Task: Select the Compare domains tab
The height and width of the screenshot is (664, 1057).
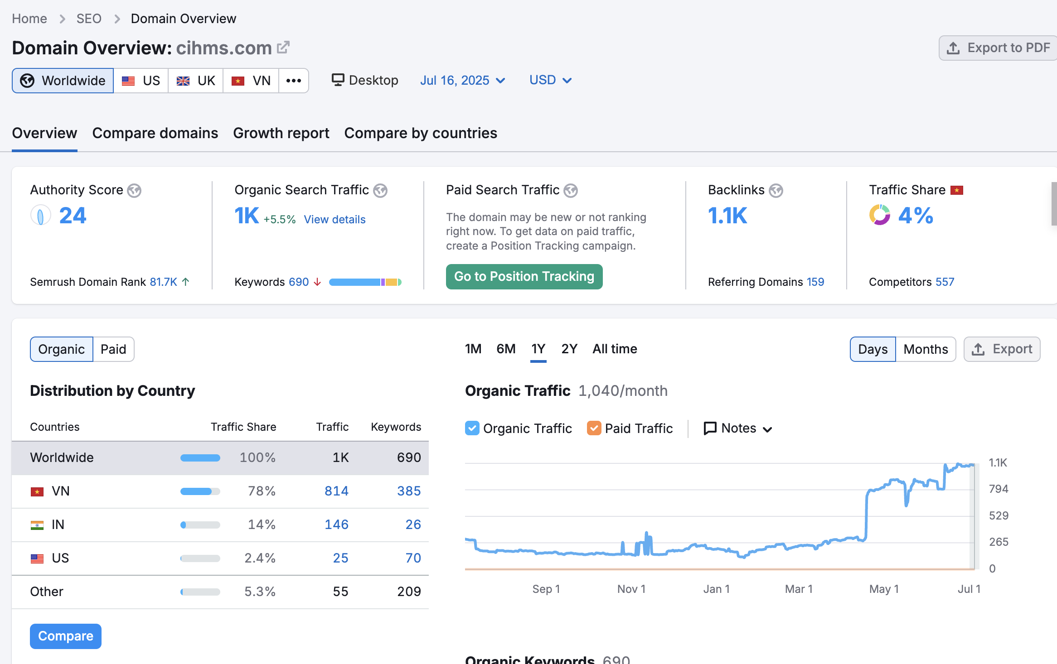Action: [155, 133]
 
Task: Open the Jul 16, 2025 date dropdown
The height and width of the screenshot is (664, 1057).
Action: [462, 80]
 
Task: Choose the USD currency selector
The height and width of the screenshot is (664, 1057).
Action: [550, 80]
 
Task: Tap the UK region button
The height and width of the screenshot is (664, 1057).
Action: [196, 81]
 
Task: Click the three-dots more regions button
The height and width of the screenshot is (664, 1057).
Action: [293, 81]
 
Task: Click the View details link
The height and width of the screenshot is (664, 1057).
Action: [335, 220]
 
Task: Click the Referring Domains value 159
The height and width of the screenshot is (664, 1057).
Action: [815, 282]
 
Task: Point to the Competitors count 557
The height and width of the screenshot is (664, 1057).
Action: [945, 282]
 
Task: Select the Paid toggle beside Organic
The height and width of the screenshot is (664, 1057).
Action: [113, 349]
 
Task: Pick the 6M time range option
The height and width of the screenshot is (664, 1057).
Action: [506, 349]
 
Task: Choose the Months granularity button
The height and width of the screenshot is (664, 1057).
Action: [926, 349]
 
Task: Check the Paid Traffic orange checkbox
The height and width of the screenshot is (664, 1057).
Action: [594, 428]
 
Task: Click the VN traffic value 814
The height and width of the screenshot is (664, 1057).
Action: [336, 491]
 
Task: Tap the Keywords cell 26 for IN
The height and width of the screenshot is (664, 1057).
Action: [413, 524]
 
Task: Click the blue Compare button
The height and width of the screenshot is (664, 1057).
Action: [66, 636]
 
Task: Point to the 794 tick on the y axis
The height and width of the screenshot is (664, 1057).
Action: [999, 489]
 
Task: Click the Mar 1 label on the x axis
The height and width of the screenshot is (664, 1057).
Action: [799, 589]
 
